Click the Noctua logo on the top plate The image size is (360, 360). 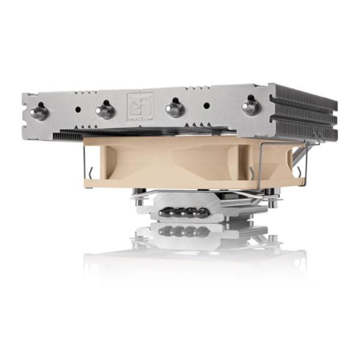click(140, 107)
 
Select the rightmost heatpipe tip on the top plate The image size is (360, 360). click(251, 107)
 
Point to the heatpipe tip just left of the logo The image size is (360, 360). click(104, 110)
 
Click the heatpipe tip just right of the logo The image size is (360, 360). click(175, 109)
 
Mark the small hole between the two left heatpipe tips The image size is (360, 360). click(77, 110)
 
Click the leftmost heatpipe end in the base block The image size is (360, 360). click(163, 211)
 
